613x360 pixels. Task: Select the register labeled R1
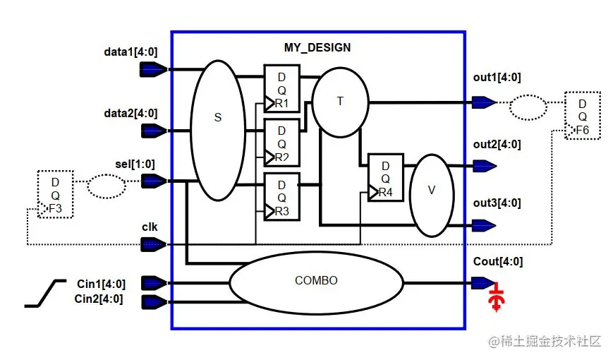(x=281, y=88)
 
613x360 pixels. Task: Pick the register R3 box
(x=281, y=196)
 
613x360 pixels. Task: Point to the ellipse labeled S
(x=217, y=130)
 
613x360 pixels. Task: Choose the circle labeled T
(x=340, y=102)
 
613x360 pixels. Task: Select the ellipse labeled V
(x=432, y=191)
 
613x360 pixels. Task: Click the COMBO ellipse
(x=316, y=281)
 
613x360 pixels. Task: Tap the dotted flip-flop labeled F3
(x=56, y=194)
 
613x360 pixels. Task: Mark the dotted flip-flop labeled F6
(x=581, y=114)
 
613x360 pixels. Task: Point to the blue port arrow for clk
(x=154, y=244)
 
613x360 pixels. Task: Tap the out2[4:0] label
(x=497, y=145)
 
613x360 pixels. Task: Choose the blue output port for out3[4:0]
(x=483, y=225)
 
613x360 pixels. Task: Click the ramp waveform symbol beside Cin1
(x=45, y=292)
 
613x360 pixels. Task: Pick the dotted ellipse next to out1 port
(x=527, y=107)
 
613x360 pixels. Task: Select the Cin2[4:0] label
(x=99, y=299)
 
